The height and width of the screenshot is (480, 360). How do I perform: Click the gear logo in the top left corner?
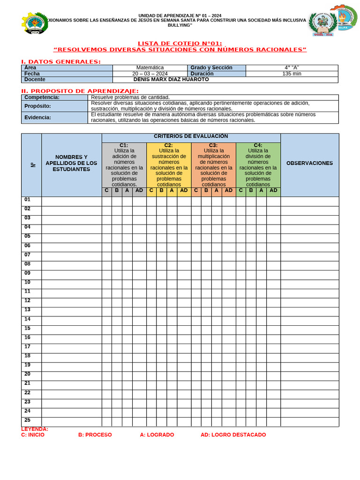(34, 23)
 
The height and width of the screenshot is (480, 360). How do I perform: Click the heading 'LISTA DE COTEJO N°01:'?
(180, 44)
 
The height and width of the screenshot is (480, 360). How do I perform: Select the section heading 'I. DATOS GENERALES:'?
(61, 62)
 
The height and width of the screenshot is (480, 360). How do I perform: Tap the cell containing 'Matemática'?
(150, 68)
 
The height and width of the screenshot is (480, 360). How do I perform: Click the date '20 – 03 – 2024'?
(150, 74)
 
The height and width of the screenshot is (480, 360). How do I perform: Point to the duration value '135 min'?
(292, 74)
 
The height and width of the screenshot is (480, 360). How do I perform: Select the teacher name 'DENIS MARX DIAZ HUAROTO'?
(171, 80)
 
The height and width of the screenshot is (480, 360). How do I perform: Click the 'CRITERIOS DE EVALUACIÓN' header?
(191, 136)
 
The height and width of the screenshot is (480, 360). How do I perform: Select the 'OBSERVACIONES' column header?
(309, 163)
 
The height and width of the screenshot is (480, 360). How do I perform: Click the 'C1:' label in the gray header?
(124, 145)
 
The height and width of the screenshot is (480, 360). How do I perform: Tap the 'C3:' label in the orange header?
(213, 145)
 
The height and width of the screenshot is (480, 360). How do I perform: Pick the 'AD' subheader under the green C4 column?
(273, 190)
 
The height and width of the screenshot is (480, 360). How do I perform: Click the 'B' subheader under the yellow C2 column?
(161, 190)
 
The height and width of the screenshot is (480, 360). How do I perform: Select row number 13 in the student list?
(28, 310)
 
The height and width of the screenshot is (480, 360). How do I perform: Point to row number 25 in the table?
(28, 420)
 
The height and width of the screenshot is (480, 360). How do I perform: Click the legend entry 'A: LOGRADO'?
(157, 435)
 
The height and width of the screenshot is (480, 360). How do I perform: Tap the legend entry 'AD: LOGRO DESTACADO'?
(233, 435)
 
